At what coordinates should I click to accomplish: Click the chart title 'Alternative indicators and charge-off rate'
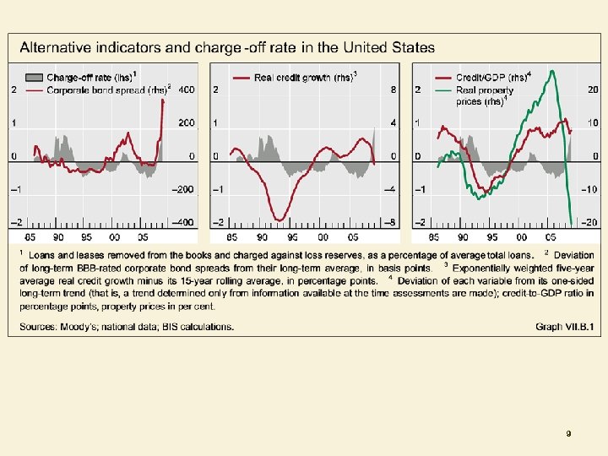click(x=227, y=48)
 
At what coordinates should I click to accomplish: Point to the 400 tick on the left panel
click(x=186, y=90)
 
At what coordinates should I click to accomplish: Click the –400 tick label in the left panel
click(x=183, y=222)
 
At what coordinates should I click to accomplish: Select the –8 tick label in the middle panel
click(x=390, y=222)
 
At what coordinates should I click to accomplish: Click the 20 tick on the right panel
click(x=593, y=90)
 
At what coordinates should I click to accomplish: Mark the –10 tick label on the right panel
click(x=590, y=189)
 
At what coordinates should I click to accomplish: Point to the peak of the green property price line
click(x=552, y=71)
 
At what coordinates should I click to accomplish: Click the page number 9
click(x=568, y=433)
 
